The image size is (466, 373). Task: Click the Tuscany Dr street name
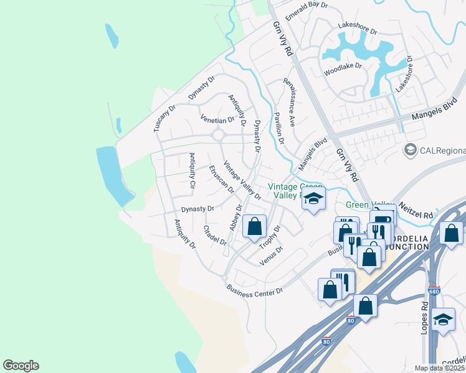(x=165, y=118)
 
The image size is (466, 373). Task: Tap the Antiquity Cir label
(x=193, y=171)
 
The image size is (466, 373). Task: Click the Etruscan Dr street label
(x=221, y=178)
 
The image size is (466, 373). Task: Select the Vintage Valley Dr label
(x=242, y=180)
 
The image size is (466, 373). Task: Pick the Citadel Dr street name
(x=216, y=235)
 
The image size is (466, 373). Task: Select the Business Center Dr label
(x=255, y=290)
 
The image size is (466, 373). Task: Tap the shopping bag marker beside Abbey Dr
(x=254, y=227)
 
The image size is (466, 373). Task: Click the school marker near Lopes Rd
(x=443, y=320)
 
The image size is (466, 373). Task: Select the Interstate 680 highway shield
(x=434, y=291)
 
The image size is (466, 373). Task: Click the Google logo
(x=21, y=366)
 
